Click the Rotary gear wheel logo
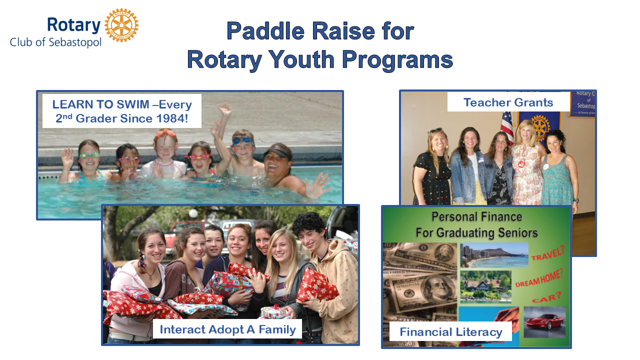(121, 25)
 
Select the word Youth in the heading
(301, 59)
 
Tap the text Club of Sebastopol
(55, 42)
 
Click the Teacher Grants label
(508, 102)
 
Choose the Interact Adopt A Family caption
(227, 329)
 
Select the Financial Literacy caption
(451, 331)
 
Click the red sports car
(545, 321)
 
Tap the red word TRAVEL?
(547, 253)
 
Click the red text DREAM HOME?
(539, 278)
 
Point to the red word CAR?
(547, 297)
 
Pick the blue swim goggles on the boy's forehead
(243, 141)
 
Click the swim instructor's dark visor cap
(278, 152)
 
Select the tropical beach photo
(494, 255)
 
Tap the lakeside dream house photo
(485, 286)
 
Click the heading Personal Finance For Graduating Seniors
(476, 224)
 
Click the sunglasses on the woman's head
(435, 131)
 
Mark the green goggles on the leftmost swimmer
(89, 155)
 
